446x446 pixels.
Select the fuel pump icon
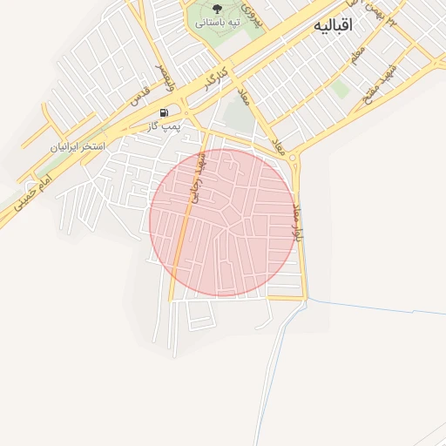[x=165, y=112]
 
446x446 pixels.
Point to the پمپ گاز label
[x=165, y=126]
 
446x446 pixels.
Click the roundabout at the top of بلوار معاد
[x=294, y=159]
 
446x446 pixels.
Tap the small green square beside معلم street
[x=340, y=89]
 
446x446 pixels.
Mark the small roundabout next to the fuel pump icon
[x=186, y=113]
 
